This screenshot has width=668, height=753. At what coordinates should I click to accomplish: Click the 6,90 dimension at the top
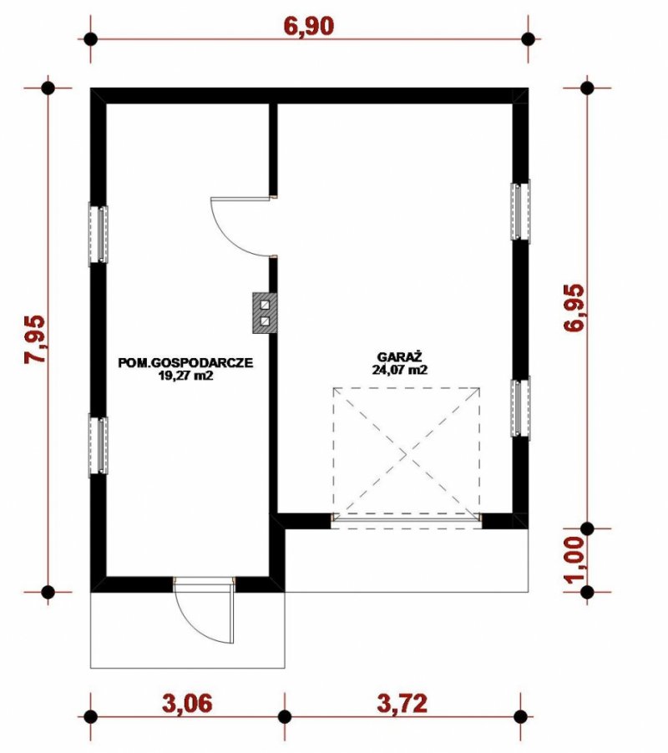[x=308, y=27]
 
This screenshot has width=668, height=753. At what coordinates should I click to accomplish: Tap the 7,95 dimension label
[x=36, y=339]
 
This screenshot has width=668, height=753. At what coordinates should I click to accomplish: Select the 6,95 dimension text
[x=574, y=308]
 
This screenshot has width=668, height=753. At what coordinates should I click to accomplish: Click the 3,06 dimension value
[x=187, y=704]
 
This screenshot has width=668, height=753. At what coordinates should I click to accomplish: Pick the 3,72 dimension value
[x=402, y=704]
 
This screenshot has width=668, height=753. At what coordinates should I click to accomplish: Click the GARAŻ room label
[x=399, y=357]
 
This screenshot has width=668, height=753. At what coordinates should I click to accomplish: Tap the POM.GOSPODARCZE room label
[x=185, y=363]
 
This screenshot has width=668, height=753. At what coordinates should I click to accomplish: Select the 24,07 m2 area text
[x=399, y=370]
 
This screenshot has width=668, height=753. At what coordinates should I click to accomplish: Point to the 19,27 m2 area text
[x=185, y=376]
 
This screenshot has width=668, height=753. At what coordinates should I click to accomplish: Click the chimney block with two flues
[x=264, y=313]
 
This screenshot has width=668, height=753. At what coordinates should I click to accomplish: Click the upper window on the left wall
[x=98, y=235]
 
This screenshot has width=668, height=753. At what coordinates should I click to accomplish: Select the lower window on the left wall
[x=98, y=446]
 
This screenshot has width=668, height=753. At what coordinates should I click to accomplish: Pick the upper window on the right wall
[x=520, y=211]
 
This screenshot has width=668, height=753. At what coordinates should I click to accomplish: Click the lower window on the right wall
[x=520, y=407]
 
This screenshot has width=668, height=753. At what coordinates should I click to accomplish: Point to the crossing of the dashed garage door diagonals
[x=407, y=453]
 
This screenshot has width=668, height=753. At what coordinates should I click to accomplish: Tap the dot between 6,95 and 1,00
[x=587, y=528]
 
